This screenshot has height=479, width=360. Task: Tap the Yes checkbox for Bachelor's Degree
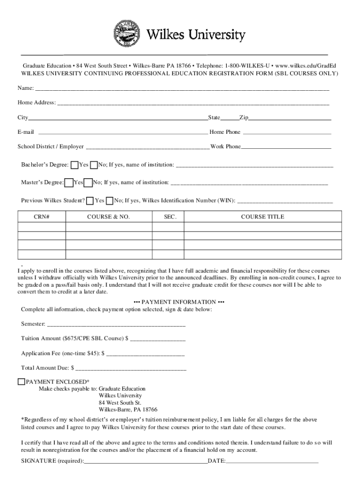click(x=74, y=165)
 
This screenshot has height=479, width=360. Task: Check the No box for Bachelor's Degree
click(x=94, y=165)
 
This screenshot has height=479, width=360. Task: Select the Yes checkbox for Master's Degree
click(x=69, y=182)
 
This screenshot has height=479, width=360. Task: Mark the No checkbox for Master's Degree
click(x=88, y=182)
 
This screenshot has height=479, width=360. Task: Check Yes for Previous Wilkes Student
click(x=90, y=201)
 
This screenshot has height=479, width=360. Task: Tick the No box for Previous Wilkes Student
click(x=109, y=201)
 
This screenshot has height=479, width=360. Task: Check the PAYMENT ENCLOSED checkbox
click(x=21, y=381)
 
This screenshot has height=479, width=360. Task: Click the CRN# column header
click(x=42, y=217)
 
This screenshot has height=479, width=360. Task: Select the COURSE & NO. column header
click(x=108, y=217)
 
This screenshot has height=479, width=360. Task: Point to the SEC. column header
click(x=170, y=217)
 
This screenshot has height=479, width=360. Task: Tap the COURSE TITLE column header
click(x=262, y=217)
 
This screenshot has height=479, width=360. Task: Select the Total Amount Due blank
click(x=131, y=368)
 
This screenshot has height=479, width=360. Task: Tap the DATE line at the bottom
click(x=272, y=461)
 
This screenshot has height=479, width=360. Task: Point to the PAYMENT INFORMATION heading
click(x=179, y=302)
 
